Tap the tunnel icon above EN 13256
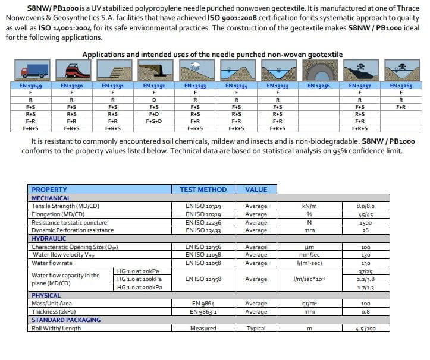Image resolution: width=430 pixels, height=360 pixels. [319, 71]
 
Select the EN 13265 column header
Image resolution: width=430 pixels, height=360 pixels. [401, 86]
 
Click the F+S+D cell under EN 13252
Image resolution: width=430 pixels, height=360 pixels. [153, 121]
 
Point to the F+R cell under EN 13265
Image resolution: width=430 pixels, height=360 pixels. [401, 106]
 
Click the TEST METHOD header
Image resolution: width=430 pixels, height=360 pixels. [203, 190]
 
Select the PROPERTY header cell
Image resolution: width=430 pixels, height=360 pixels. [49, 190]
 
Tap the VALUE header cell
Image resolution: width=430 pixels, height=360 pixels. [256, 190]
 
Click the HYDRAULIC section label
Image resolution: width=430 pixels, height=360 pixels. [49, 238]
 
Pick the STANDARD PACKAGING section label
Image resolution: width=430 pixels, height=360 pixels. [66, 320]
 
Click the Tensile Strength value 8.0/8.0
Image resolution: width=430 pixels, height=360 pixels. [365, 206]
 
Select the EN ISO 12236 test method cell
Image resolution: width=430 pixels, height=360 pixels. [203, 222]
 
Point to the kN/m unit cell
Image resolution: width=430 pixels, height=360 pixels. [309, 206]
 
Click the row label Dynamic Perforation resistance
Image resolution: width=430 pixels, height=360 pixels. [73, 230]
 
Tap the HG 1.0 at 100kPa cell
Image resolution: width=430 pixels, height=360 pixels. [141, 279]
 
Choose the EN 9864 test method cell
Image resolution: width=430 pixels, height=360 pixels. [203, 304]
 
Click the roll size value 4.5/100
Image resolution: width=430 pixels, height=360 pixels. [365, 329]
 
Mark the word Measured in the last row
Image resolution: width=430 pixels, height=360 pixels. [203, 329]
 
